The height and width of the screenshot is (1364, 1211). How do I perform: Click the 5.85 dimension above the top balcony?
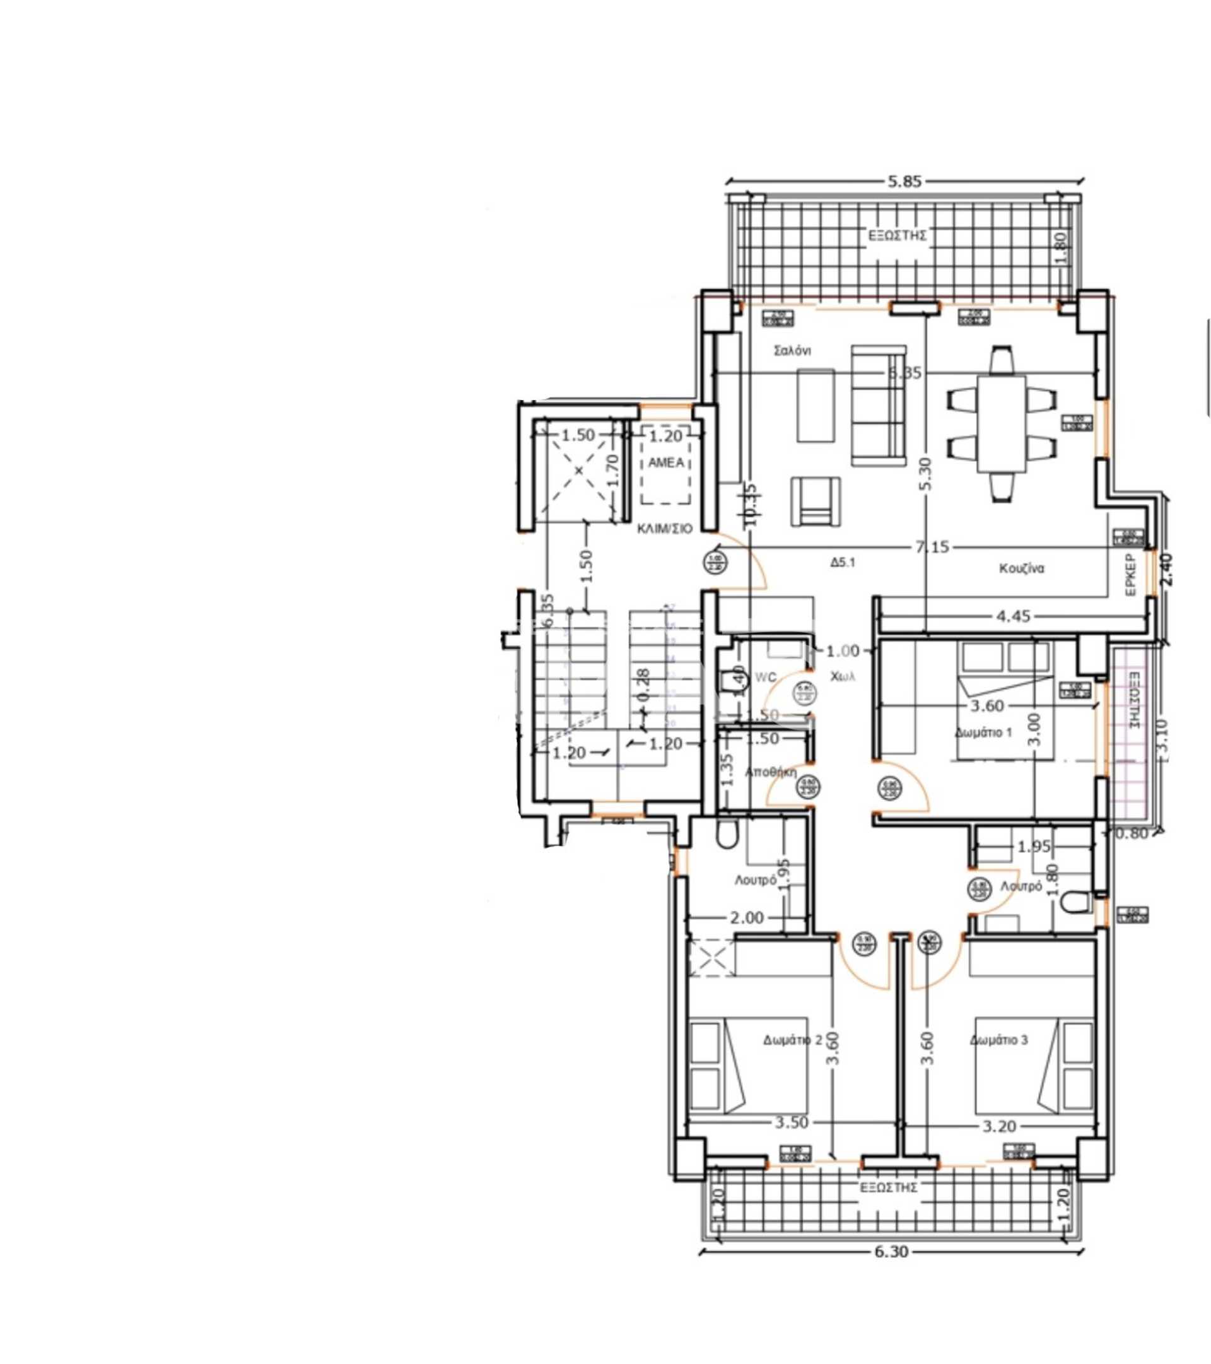click(904, 182)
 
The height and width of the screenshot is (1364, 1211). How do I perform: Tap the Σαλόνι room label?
click(792, 350)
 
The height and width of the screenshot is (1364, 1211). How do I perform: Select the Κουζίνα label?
click(1021, 568)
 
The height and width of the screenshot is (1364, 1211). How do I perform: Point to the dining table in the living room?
click(1002, 424)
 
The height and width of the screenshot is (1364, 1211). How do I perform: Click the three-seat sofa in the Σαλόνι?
click(878, 405)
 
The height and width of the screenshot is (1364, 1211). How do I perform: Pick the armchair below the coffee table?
click(816, 501)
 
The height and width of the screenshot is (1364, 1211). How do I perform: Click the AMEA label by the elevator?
click(666, 462)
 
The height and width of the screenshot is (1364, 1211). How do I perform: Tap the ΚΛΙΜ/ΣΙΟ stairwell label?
click(665, 529)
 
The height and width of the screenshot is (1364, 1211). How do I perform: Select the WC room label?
click(765, 678)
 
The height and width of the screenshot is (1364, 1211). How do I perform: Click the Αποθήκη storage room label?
click(771, 772)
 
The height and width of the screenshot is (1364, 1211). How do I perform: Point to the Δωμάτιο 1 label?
click(983, 732)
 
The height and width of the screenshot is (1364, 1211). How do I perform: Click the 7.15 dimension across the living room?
click(932, 547)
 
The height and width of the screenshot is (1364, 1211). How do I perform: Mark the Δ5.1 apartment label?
click(843, 563)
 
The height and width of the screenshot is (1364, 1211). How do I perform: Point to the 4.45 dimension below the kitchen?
click(1013, 616)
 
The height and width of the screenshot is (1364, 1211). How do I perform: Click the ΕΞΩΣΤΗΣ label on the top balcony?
click(898, 235)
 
